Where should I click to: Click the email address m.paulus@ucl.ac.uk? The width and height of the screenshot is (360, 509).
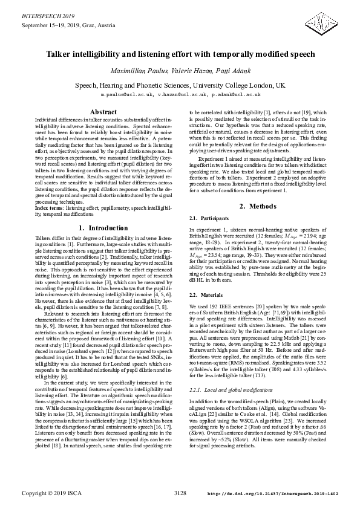click(x=125, y=95)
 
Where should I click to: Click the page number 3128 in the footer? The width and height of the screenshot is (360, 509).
click(x=180, y=493)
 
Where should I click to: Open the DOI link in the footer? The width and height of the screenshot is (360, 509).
click(x=272, y=494)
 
